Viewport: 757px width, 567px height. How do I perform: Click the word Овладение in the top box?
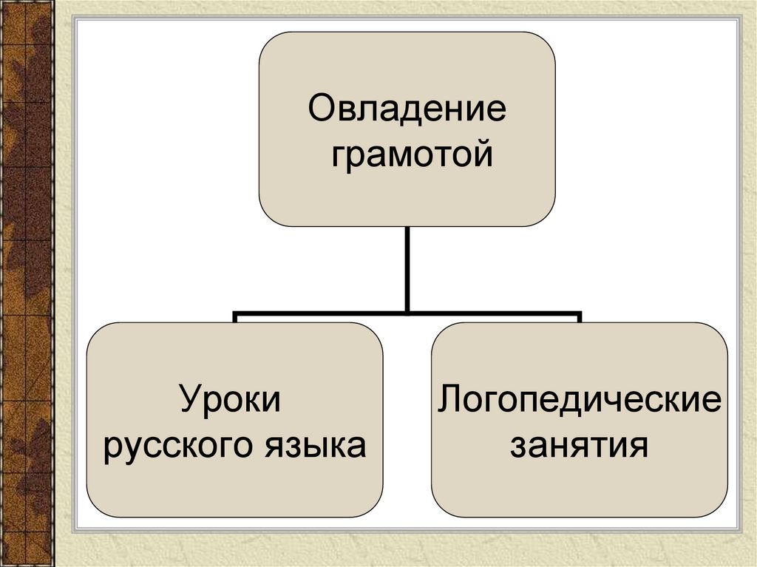[407, 111]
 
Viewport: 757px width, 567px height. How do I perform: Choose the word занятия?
[579, 446]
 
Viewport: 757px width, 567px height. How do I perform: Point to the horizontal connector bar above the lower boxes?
[318, 313]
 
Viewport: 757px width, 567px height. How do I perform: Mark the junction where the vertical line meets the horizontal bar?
[407, 313]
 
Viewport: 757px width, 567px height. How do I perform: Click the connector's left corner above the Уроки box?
[235, 314]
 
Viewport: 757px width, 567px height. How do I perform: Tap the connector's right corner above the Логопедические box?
[580, 314]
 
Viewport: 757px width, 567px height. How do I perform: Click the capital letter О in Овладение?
[320, 111]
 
